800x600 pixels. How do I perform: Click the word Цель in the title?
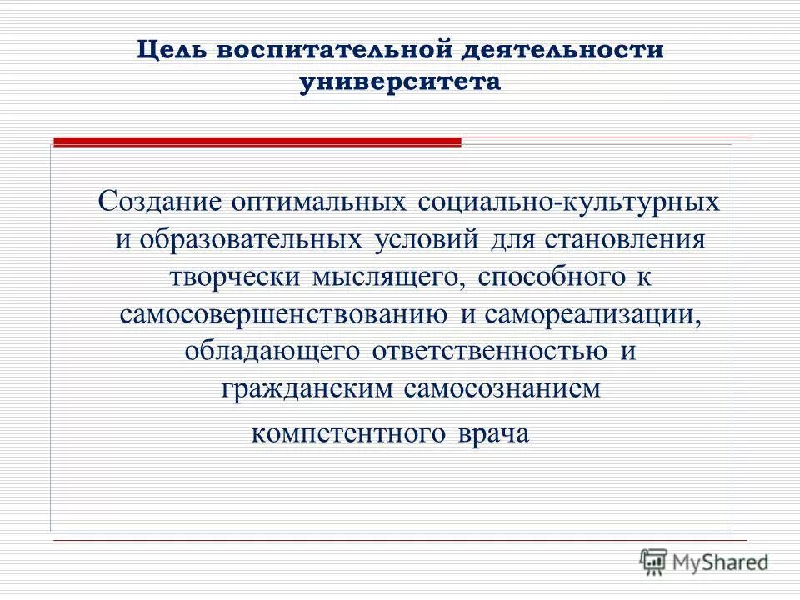point(171,50)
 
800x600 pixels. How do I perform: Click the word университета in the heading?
point(400,83)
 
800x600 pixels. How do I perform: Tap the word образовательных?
point(250,240)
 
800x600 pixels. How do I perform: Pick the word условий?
point(419,240)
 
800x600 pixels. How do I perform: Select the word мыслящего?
point(384,279)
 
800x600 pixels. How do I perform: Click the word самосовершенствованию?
point(281,315)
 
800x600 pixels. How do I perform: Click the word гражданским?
point(308,389)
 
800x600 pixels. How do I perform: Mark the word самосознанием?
point(506,389)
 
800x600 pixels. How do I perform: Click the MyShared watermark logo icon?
point(653,562)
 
